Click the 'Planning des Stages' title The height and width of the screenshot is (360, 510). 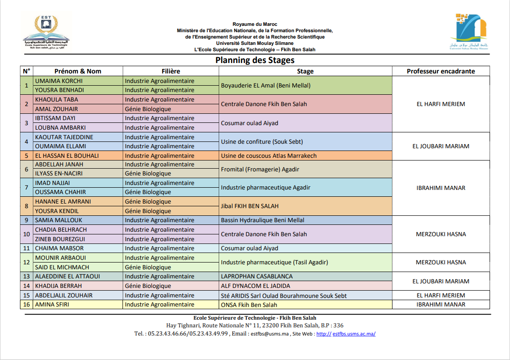tap(255, 60)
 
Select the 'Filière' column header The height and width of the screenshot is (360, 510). tap(171, 71)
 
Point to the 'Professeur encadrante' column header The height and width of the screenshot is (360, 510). tap(441, 71)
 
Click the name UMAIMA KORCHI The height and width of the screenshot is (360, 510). tap(59, 81)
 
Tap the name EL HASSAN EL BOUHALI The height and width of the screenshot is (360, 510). tap(67, 156)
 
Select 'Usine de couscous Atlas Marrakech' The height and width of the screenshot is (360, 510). tap(269, 156)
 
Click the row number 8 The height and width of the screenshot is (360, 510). tap(26, 206)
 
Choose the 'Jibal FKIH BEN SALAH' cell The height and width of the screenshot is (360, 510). tap(250, 206)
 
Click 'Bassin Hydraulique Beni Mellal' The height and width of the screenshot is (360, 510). tap(262, 220)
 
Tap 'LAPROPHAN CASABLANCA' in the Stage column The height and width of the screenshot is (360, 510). tap(257, 276)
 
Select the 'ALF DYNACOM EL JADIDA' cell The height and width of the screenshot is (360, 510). tap(255, 286)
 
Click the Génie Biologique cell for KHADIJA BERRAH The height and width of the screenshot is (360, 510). tap(148, 286)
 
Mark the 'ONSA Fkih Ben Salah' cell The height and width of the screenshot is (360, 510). tap(249, 305)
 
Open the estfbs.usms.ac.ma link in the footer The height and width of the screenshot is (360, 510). tap(353, 334)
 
